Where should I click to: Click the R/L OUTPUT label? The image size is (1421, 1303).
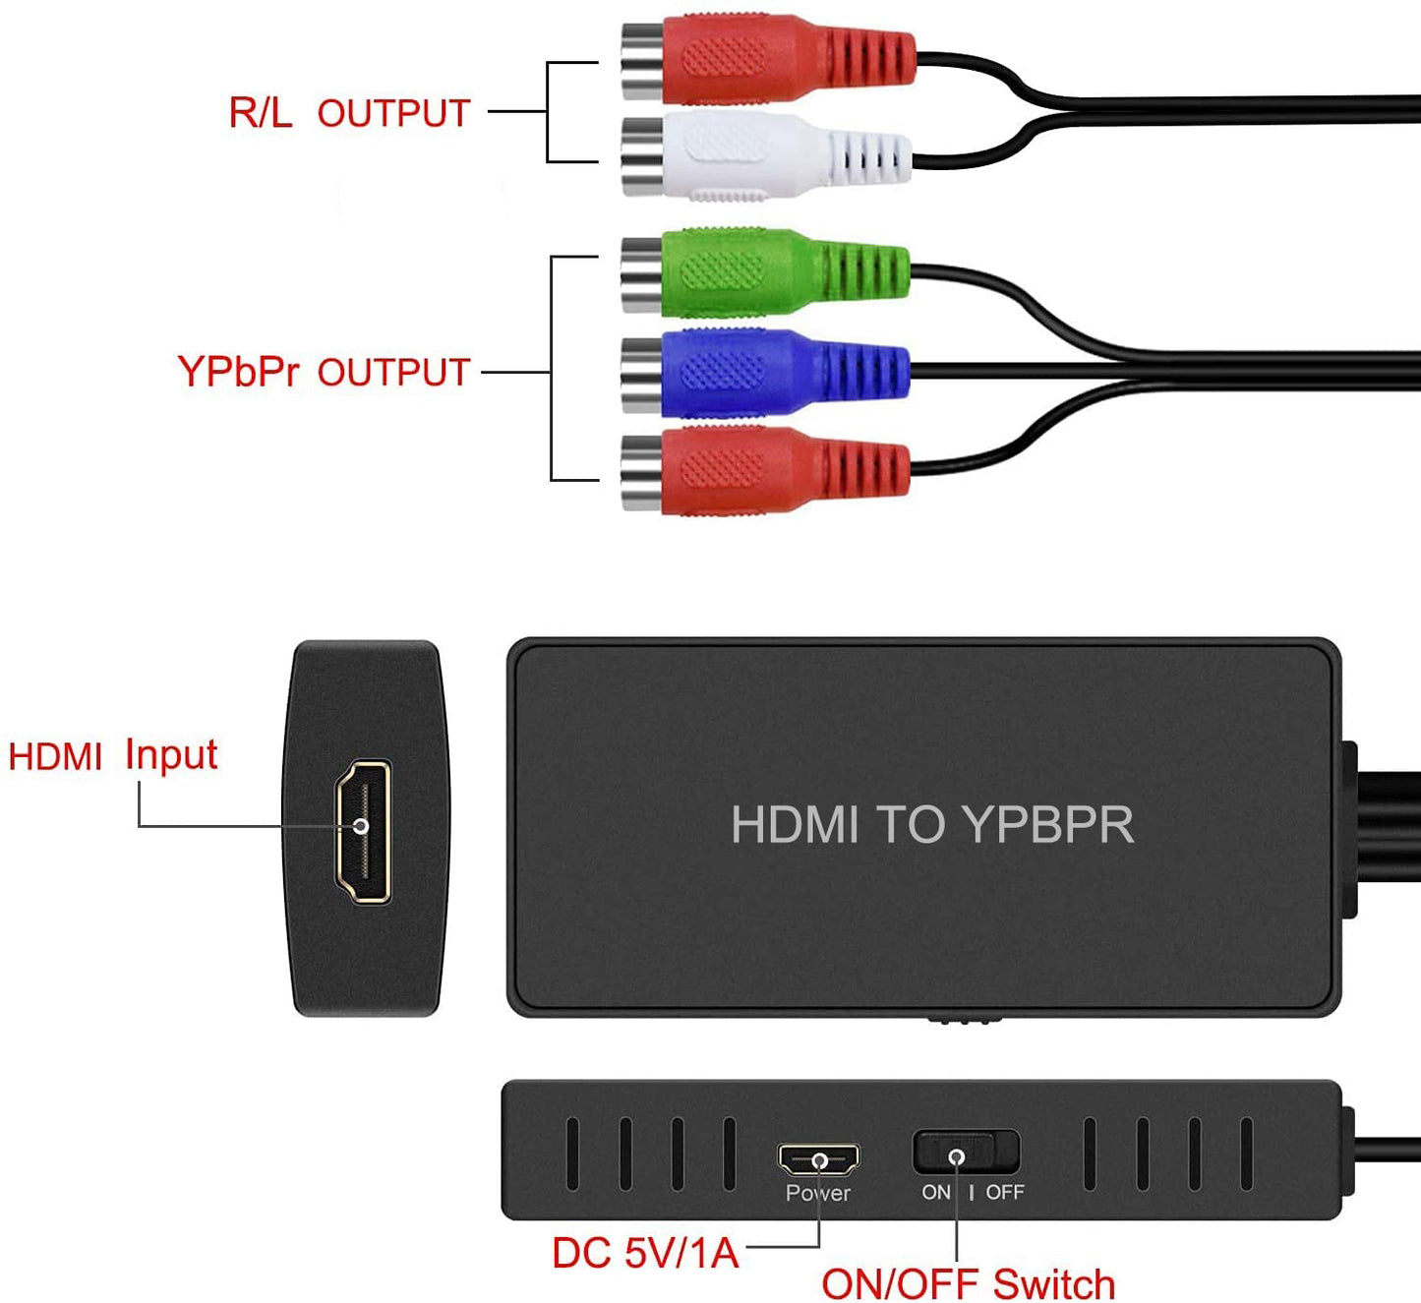[349, 113]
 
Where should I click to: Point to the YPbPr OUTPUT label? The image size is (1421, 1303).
[324, 372]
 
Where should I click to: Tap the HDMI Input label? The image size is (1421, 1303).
[112, 755]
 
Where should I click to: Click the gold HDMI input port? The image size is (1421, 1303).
[364, 832]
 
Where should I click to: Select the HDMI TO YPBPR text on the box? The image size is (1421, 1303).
[931, 824]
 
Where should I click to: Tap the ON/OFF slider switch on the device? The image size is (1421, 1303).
[966, 1153]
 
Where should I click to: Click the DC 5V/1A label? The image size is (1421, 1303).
[645, 1253]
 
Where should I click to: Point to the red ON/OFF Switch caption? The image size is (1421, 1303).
[968, 1283]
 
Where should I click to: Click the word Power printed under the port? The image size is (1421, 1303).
[817, 1193]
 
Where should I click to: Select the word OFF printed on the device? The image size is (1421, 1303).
[1004, 1193]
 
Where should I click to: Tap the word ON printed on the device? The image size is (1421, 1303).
[936, 1193]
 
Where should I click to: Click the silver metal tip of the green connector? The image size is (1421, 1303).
[641, 274]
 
